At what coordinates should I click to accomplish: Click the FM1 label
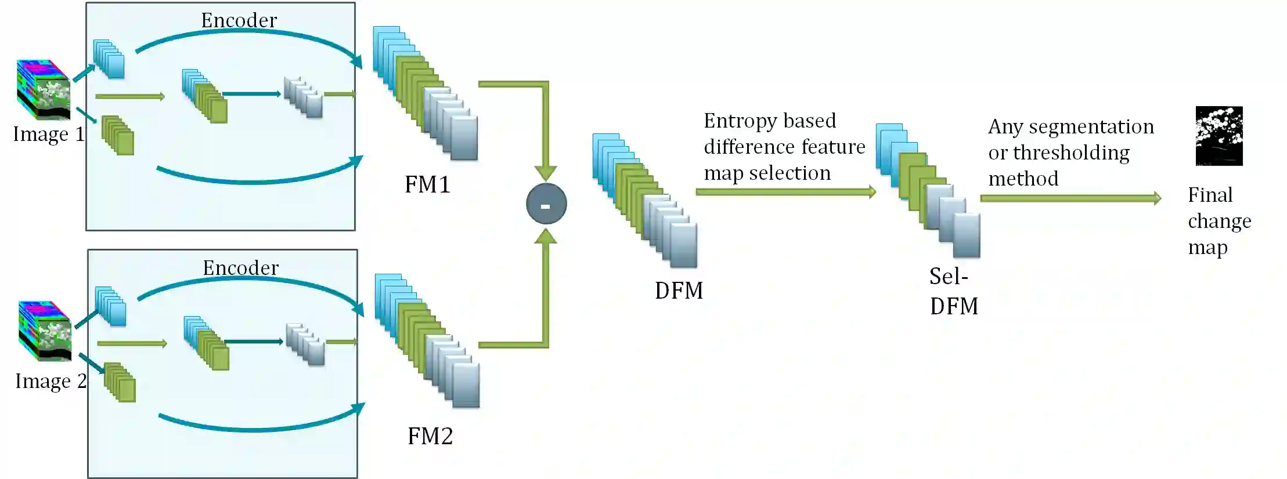pyautogui.click(x=427, y=185)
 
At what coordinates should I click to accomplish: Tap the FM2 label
pyautogui.click(x=430, y=436)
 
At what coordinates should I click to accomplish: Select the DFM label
pyautogui.click(x=679, y=291)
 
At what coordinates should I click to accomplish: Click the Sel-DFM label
pyautogui.click(x=953, y=291)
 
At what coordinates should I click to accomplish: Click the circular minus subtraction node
pyautogui.click(x=546, y=204)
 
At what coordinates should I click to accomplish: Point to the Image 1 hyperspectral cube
pyautogui.click(x=44, y=90)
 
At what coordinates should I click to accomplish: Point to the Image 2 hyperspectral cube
pyautogui.click(x=45, y=331)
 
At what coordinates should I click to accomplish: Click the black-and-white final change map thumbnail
pyautogui.click(x=1219, y=136)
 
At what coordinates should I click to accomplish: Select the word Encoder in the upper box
pyautogui.click(x=239, y=20)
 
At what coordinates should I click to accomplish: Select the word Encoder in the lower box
pyautogui.click(x=240, y=268)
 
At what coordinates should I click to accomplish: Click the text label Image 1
pyautogui.click(x=49, y=134)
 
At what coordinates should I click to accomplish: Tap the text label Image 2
pyautogui.click(x=51, y=381)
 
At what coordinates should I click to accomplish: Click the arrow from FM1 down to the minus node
pyautogui.click(x=545, y=128)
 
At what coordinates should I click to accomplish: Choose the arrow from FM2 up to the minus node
pyautogui.click(x=545, y=290)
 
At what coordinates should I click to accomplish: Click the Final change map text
pyautogui.click(x=1218, y=221)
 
